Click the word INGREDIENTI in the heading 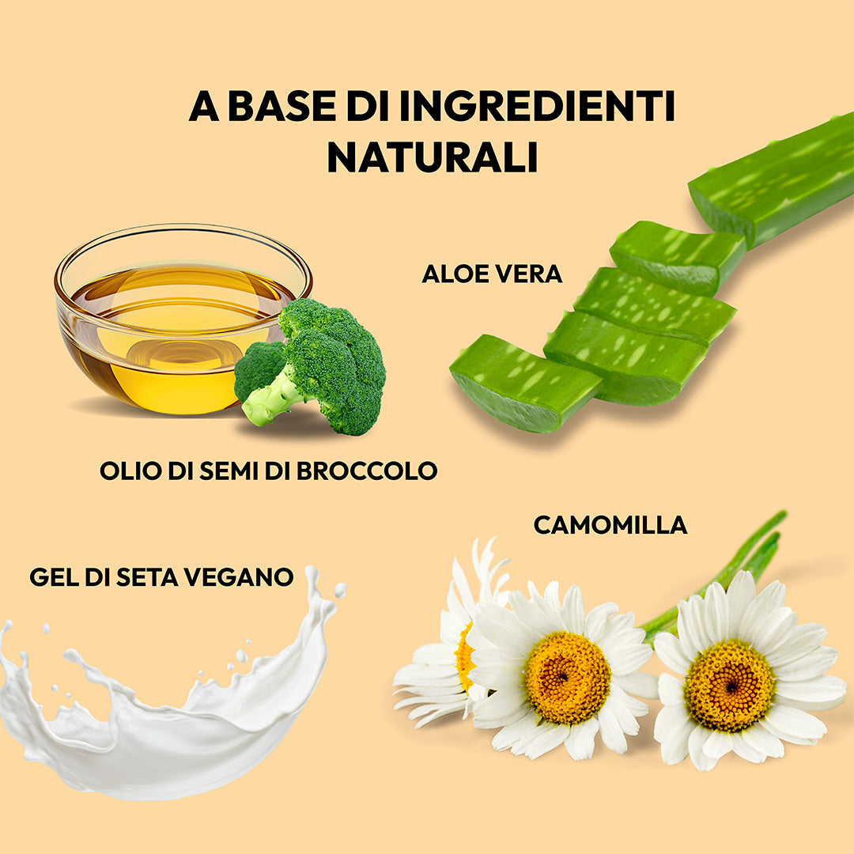pyautogui.click(x=537, y=106)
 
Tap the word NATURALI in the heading pyautogui.click(x=433, y=157)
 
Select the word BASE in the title pyautogui.click(x=282, y=106)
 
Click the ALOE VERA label pyautogui.click(x=492, y=274)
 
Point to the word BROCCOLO pyautogui.click(x=367, y=471)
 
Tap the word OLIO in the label pyautogui.click(x=130, y=471)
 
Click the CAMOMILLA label pyautogui.click(x=610, y=525)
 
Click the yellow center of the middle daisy pyautogui.click(x=568, y=678)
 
